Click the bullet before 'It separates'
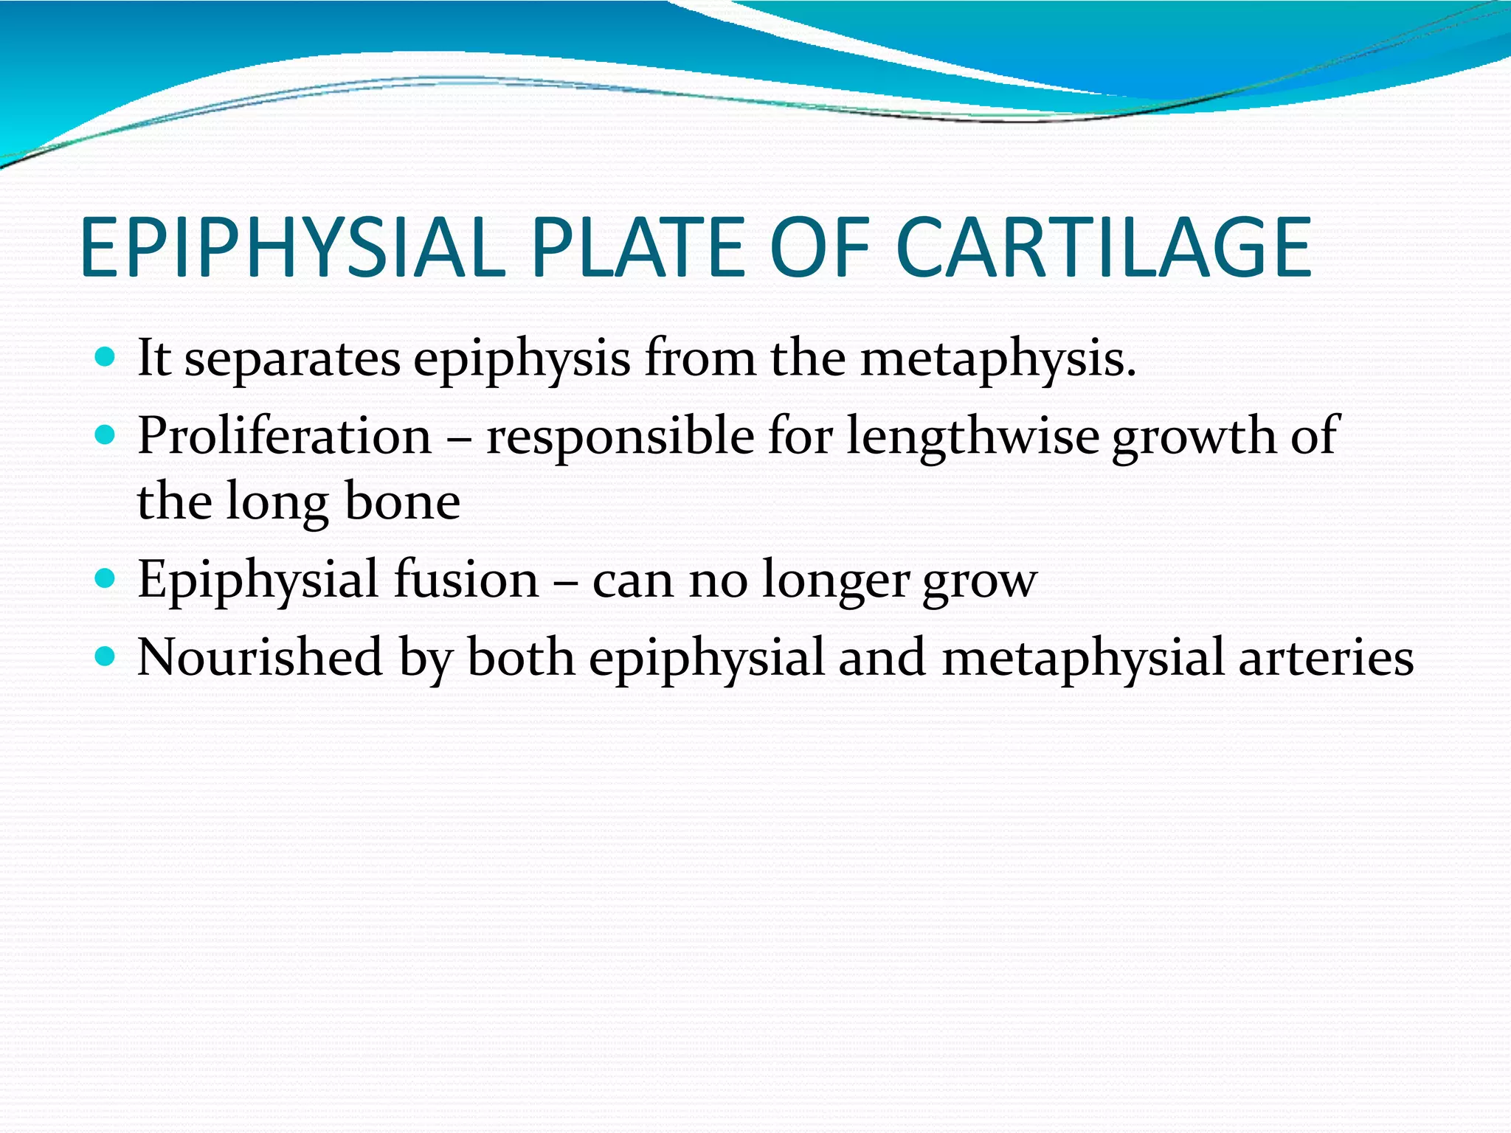106,358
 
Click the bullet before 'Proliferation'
106,436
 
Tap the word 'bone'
403,502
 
